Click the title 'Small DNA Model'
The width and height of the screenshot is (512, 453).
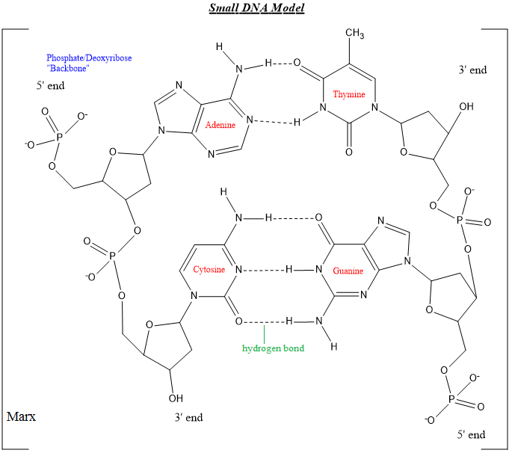tap(256, 8)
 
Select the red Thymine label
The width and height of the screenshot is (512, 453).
tap(348, 94)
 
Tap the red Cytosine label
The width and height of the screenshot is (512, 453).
tap(209, 269)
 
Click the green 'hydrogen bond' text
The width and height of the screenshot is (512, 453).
tap(273, 348)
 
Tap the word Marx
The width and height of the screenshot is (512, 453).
tap(20, 416)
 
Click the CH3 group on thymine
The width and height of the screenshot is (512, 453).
tap(354, 34)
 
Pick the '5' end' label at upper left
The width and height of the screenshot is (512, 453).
tap(51, 85)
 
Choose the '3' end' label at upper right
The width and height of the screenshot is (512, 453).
tap(472, 70)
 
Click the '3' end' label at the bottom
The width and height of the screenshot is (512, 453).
tap(188, 417)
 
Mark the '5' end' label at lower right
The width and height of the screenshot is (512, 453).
tap(471, 434)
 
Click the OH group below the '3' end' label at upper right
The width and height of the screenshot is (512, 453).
tap(466, 107)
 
